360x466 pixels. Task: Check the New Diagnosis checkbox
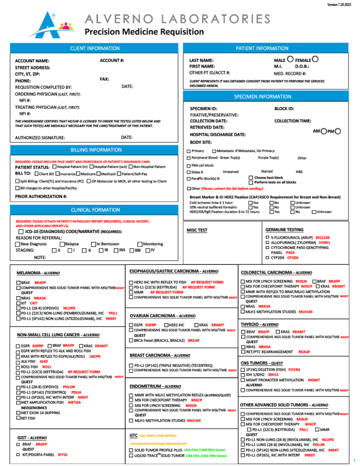click(17, 244)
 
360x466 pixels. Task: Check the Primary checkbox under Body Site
click(188, 151)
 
